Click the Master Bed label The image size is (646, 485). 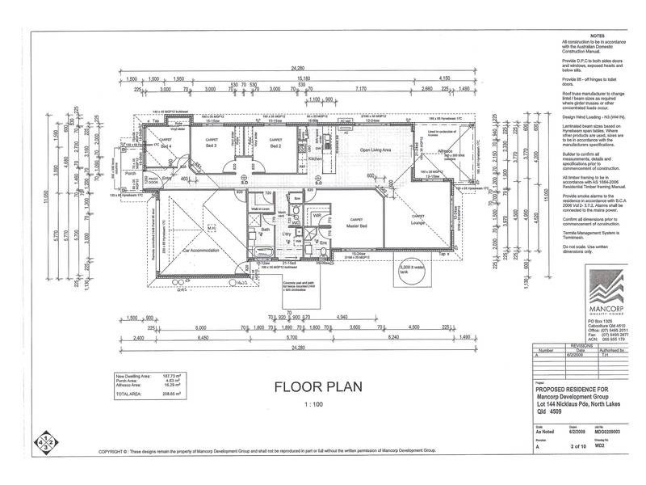(x=355, y=224)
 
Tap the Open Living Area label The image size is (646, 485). (x=375, y=150)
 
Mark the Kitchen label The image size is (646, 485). (x=317, y=158)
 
